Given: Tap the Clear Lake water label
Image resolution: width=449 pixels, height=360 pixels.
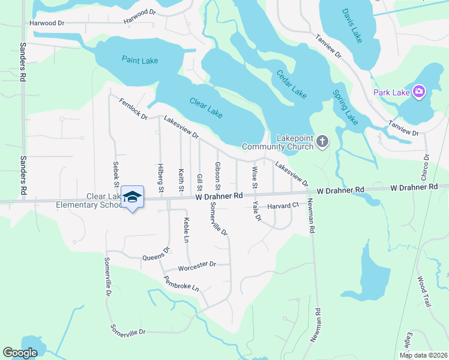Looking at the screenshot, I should click(206, 106).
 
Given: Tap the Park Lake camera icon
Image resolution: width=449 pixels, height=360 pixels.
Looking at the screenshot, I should click(419, 92).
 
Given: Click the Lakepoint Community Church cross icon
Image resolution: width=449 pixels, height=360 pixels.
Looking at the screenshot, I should click(323, 142).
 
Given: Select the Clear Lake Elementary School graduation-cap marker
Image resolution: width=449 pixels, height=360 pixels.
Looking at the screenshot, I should click(132, 197).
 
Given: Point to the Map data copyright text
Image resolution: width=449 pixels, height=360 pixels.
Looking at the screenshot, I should click(424, 355).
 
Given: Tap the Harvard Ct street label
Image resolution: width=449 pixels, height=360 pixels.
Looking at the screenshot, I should click(283, 205).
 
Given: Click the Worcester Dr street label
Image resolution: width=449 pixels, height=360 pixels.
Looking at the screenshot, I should click(197, 264).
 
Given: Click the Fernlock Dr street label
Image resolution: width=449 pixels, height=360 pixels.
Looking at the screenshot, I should click(133, 109).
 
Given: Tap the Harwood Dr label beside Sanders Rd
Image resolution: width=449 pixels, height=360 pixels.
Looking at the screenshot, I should click(47, 23).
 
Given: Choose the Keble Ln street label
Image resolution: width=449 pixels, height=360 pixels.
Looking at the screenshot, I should click(186, 230).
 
